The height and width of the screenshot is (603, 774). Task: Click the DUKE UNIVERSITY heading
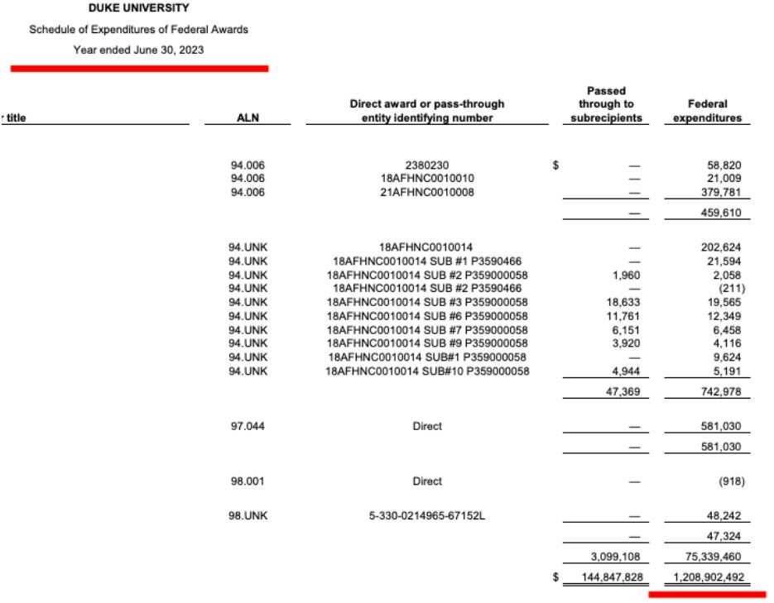(x=138, y=8)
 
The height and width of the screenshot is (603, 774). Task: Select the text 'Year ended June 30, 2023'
(x=138, y=50)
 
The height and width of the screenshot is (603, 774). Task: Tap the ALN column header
(x=248, y=118)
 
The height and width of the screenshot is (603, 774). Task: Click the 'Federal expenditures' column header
(x=707, y=112)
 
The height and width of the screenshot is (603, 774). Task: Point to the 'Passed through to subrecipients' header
(x=606, y=104)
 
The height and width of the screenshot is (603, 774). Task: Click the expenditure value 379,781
(x=724, y=192)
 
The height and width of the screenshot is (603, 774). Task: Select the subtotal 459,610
(x=724, y=213)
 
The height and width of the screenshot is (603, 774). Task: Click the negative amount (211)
(x=731, y=289)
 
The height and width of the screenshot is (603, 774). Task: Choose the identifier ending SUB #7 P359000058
(x=427, y=329)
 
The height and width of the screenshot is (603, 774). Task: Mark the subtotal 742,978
(x=724, y=391)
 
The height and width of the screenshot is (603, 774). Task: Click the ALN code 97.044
(x=248, y=427)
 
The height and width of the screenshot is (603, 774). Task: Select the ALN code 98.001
(x=248, y=481)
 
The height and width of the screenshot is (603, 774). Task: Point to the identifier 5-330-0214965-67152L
(x=427, y=516)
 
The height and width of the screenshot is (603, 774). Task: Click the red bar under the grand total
(x=707, y=593)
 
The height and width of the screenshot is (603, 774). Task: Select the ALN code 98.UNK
(x=248, y=516)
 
